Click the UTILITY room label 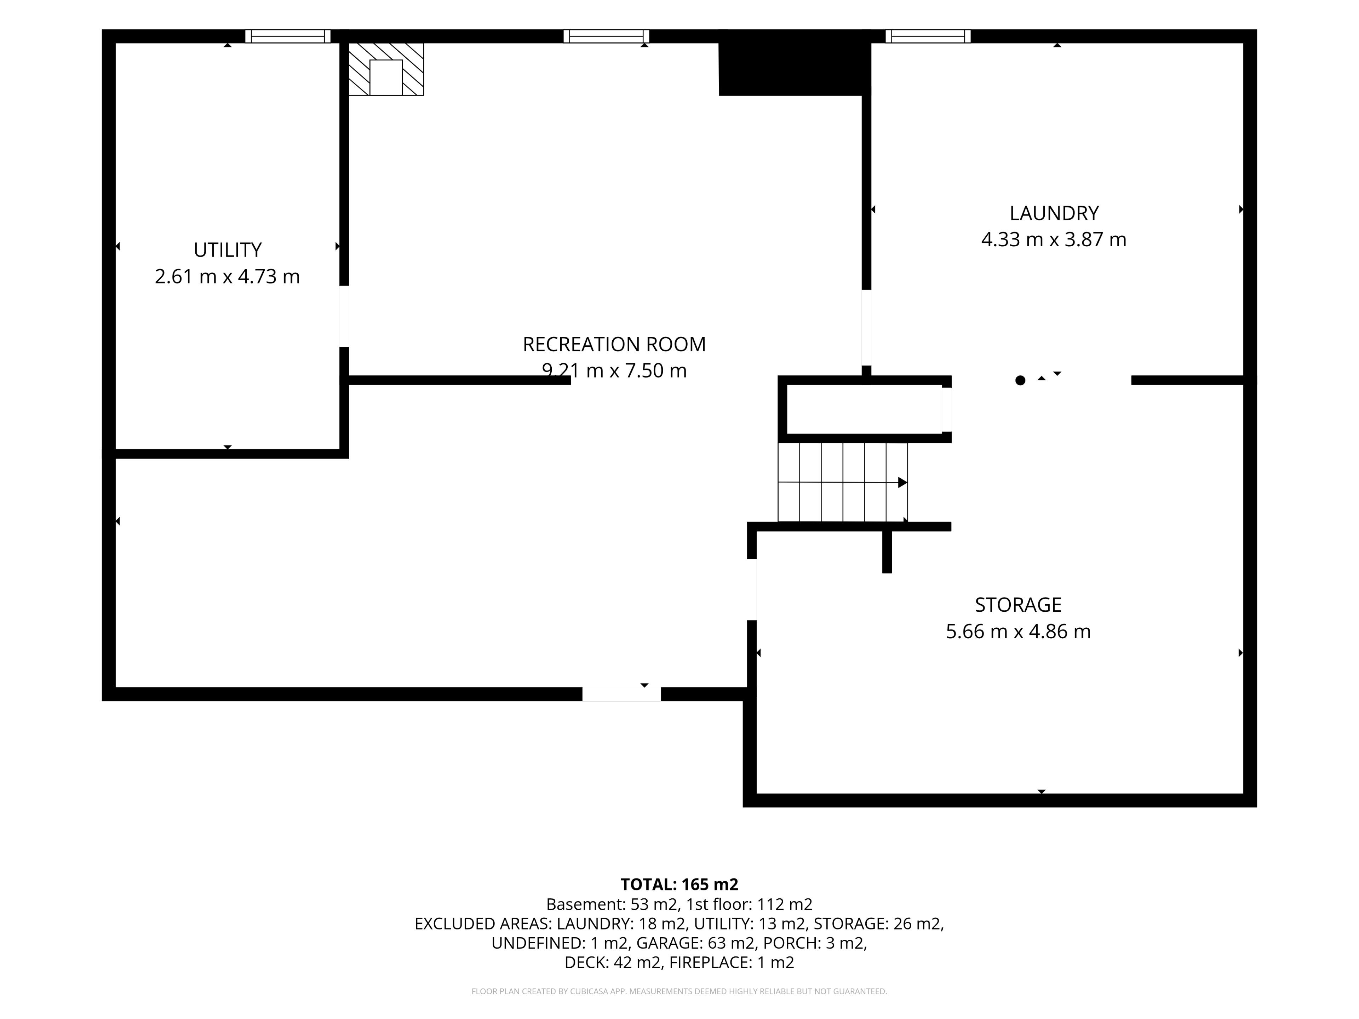227,250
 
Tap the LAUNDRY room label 1054,213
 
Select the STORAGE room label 1018,605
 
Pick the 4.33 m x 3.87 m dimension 1054,240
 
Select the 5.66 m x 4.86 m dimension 1018,632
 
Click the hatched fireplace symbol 386,69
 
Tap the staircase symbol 842,482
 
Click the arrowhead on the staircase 902,482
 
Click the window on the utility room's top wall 287,36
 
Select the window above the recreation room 606,36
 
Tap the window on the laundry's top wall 928,36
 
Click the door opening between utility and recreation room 344,316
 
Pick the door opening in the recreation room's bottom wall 621,694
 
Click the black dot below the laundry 1020,380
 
